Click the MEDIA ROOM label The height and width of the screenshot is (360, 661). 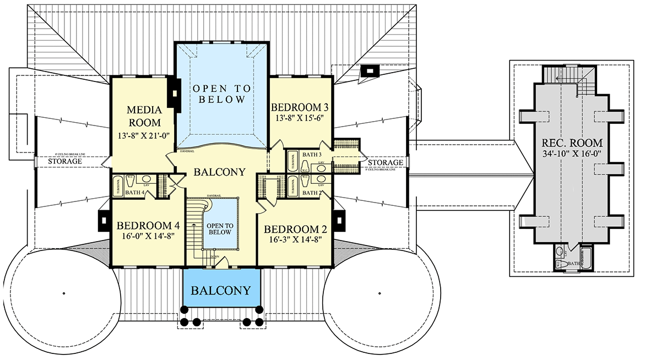(x=144, y=116)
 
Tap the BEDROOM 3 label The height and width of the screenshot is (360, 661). (x=300, y=107)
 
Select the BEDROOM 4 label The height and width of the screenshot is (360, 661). (x=148, y=225)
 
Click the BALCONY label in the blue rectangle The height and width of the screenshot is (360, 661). (x=221, y=290)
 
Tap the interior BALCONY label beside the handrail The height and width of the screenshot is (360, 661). (x=219, y=172)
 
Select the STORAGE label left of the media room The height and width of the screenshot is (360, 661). (x=66, y=161)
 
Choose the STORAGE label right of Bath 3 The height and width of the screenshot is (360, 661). (x=386, y=162)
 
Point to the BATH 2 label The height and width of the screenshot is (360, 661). (x=312, y=193)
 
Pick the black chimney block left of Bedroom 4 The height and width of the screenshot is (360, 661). (x=103, y=220)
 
